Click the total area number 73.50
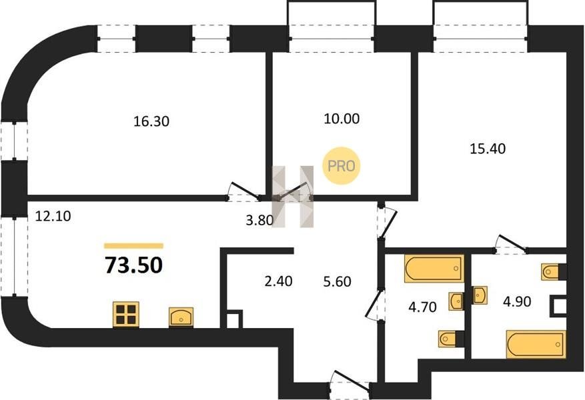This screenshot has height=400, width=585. click(x=133, y=265)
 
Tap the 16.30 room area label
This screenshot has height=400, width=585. click(x=151, y=121)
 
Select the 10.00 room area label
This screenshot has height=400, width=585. click(x=342, y=119)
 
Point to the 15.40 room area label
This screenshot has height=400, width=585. click(x=488, y=149)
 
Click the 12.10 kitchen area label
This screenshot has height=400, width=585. click(x=53, y=216)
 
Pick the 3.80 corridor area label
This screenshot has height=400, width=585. click(x=259, y=220)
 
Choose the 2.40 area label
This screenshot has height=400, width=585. click(x=278, y=281)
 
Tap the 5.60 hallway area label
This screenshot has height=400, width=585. click(x=338, y=281)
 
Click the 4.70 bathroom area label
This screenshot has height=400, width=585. click(x=422, y=307)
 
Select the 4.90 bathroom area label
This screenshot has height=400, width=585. click(x=517, y=301)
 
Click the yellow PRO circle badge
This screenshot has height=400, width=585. click(x=341, y=166)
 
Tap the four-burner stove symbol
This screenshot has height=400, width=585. click(x=126, y=315)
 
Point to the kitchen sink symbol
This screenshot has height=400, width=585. click(x=181, y=317)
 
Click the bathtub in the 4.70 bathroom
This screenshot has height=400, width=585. click(x=434, y=269)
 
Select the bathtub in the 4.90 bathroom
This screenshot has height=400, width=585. click(x=536, y=344)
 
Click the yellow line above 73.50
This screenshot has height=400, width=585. click(x=133, y=245)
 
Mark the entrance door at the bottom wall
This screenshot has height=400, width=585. click(x=351, y=382)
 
